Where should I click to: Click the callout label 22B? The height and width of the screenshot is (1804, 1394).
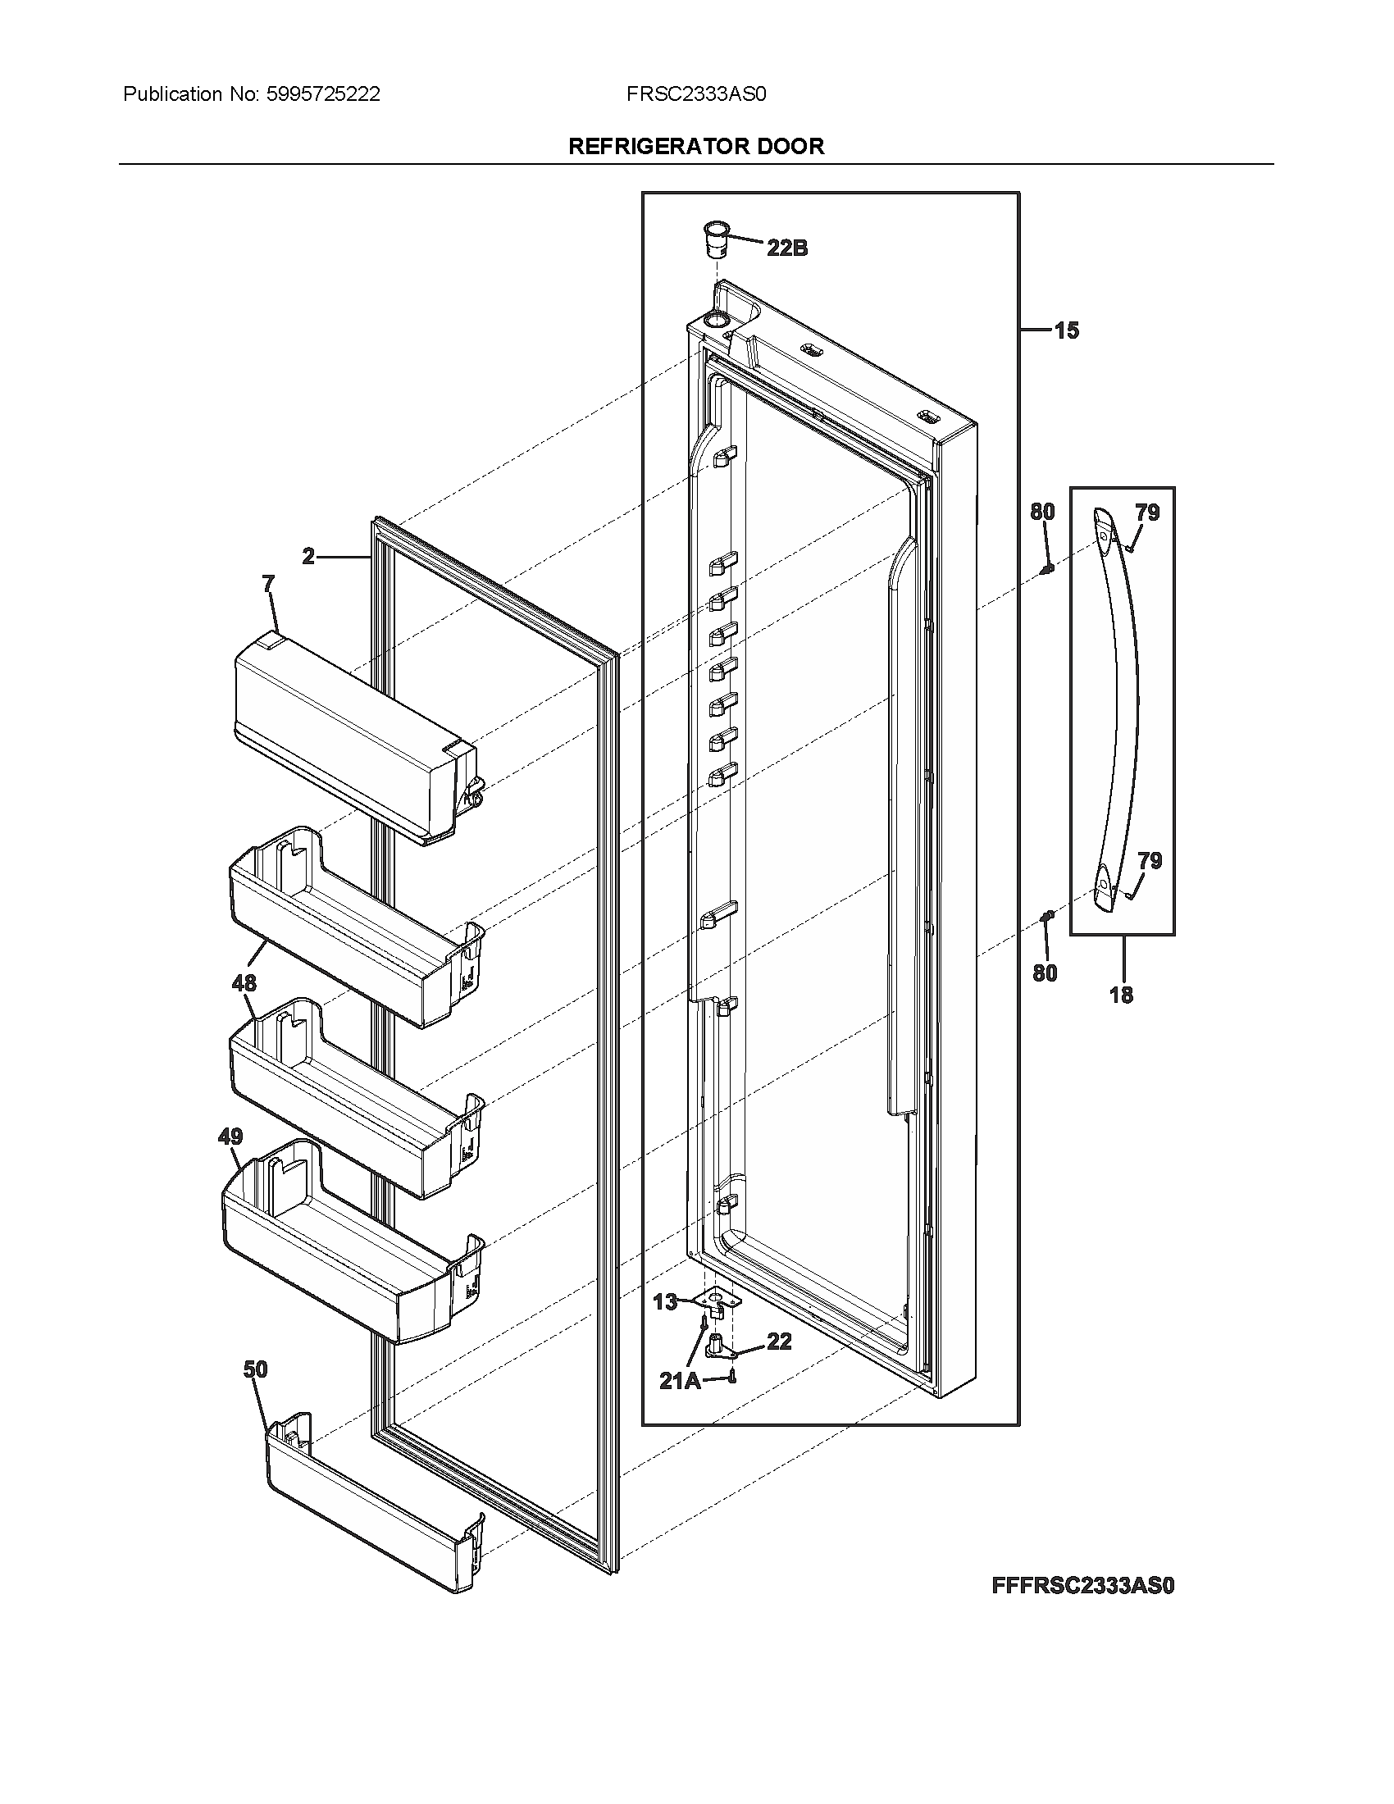tap(786, 247)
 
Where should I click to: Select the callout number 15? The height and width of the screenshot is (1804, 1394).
tap(1066, 330)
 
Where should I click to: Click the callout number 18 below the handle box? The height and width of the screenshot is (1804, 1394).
tap(1121, 995)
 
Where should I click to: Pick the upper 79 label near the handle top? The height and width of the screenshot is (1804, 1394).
tap(1147, 512)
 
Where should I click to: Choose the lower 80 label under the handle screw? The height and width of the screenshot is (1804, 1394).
tap(1045, 973)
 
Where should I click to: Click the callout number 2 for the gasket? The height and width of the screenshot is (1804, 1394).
tap(308, 557)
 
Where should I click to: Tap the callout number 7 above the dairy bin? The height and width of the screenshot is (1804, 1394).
tap(268, 585)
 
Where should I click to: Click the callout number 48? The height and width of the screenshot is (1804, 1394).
tap(244, 983)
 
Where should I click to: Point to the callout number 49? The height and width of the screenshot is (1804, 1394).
tap(230, 1137)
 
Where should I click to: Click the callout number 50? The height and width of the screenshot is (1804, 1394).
tap(255, 1369)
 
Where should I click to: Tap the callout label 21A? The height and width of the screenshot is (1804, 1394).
tap(680, 1380)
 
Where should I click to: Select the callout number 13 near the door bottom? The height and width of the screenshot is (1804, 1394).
tap(665, 1302)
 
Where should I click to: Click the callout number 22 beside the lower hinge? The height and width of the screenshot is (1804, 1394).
tap(779, 1342)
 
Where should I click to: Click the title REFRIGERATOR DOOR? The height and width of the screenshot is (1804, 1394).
tap(696, 146)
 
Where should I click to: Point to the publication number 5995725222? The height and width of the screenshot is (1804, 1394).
tap(323, 94)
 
